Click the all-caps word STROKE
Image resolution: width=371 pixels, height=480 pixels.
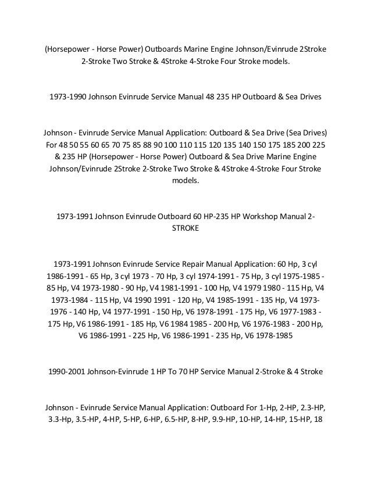coord(185,229)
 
